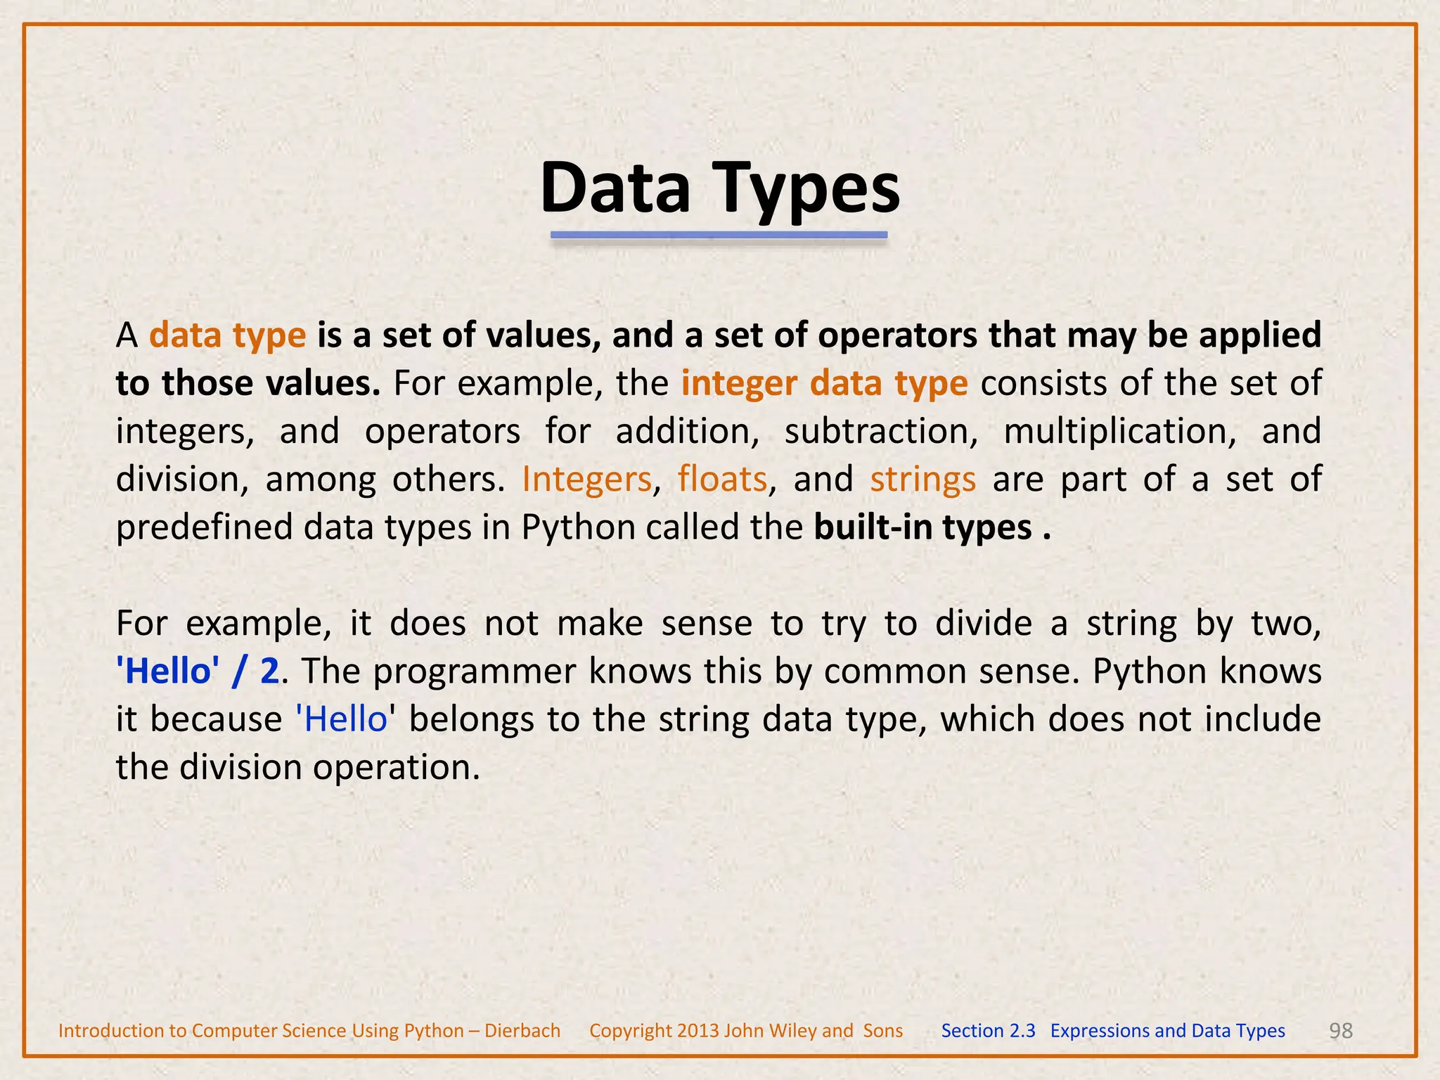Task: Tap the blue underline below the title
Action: click(719, 236)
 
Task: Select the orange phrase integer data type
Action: click(824, 384)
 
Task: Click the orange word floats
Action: click(722, 480)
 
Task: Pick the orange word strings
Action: click(922, 480)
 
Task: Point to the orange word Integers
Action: click(586, 480)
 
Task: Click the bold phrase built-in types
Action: click(922, 527)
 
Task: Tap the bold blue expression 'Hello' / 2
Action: click(198, 671)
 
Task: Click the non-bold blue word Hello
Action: click(345, 719)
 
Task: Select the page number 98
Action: click(1341, 1031)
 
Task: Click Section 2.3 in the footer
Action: click(988, 1031)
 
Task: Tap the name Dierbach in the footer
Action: click(522, 1031)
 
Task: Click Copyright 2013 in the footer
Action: click(654, 1031)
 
